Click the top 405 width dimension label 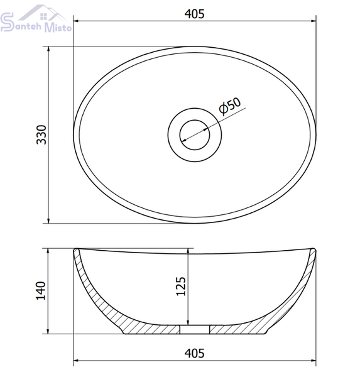pos(194,14)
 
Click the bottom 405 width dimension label pos(194,353)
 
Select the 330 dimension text pos(41,134)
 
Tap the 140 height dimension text pos(41,291)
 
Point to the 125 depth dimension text pos(181,286)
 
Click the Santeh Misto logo pos(36,19)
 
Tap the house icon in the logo pos(43,13)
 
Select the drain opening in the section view pos(195,329)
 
